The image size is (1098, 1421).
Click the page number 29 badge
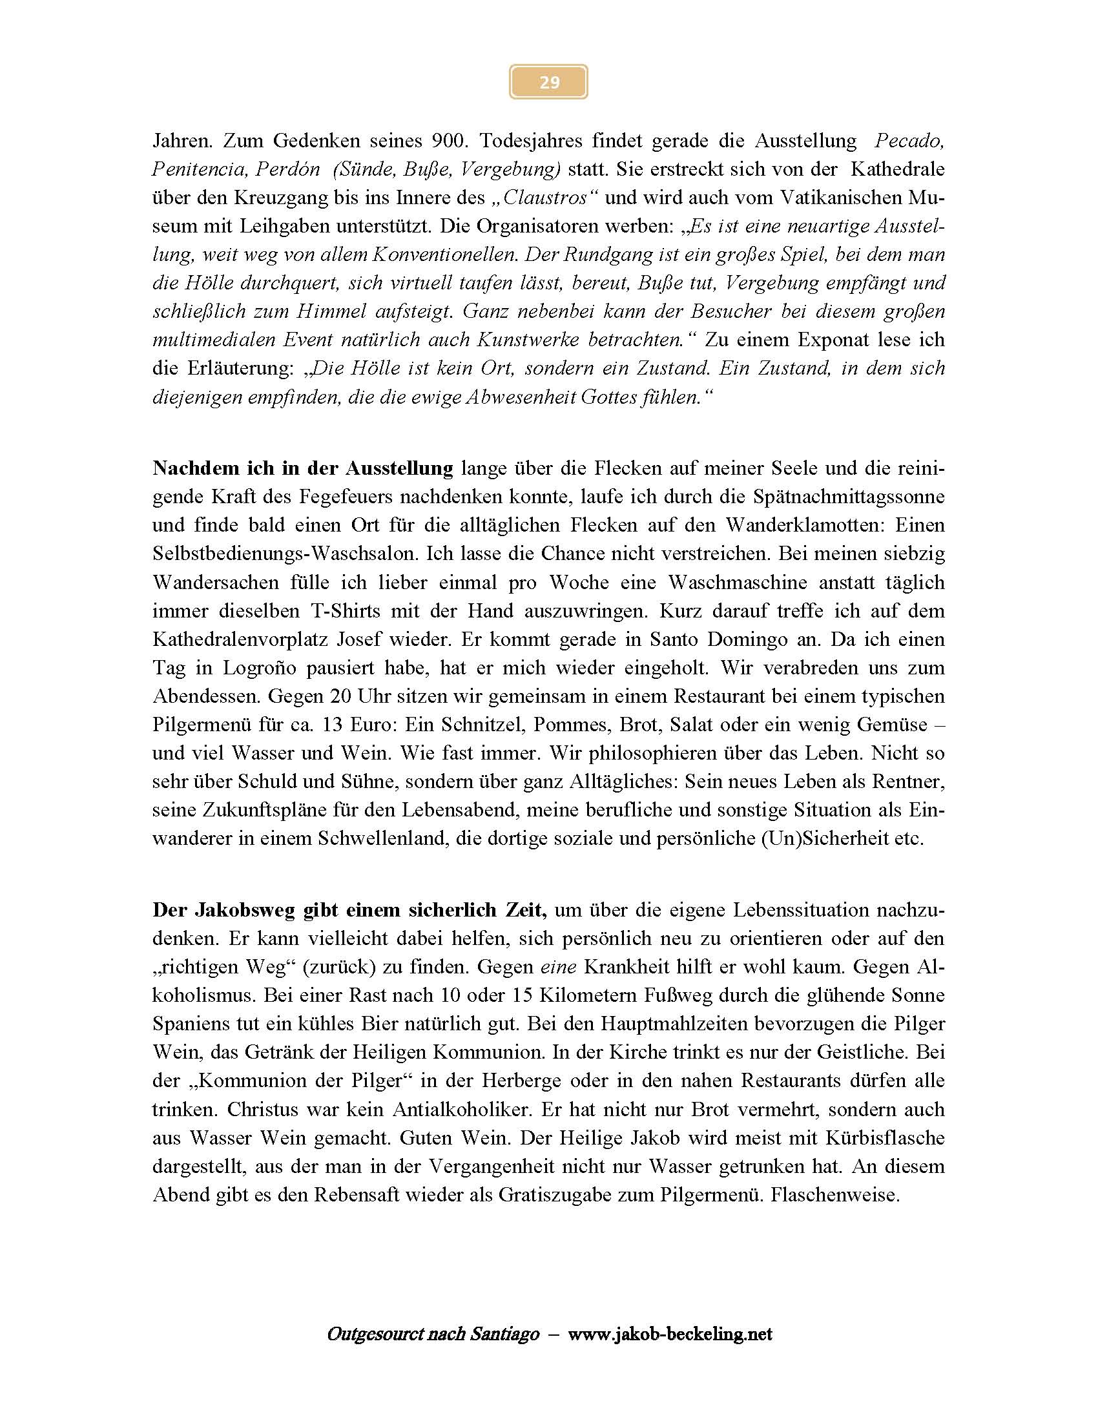pyautogui.click(x=548, y=82)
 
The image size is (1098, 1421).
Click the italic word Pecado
pyautogui.click(x=909, y=141)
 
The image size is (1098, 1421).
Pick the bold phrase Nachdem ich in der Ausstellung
pyautogui.click(x=302, y=468)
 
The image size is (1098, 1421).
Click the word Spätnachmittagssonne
pyautogui.click(x=848, y=497)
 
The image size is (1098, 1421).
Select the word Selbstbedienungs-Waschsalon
pyautogui.click(x=285, y=554)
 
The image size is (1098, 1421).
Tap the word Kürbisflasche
pyautogui.click(x=885, y=1138)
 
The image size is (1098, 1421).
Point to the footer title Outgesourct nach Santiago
pyautogui.click(x=433, y=1334)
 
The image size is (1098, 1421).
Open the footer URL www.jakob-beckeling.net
pyautogui.click(x=669, y=1334)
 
